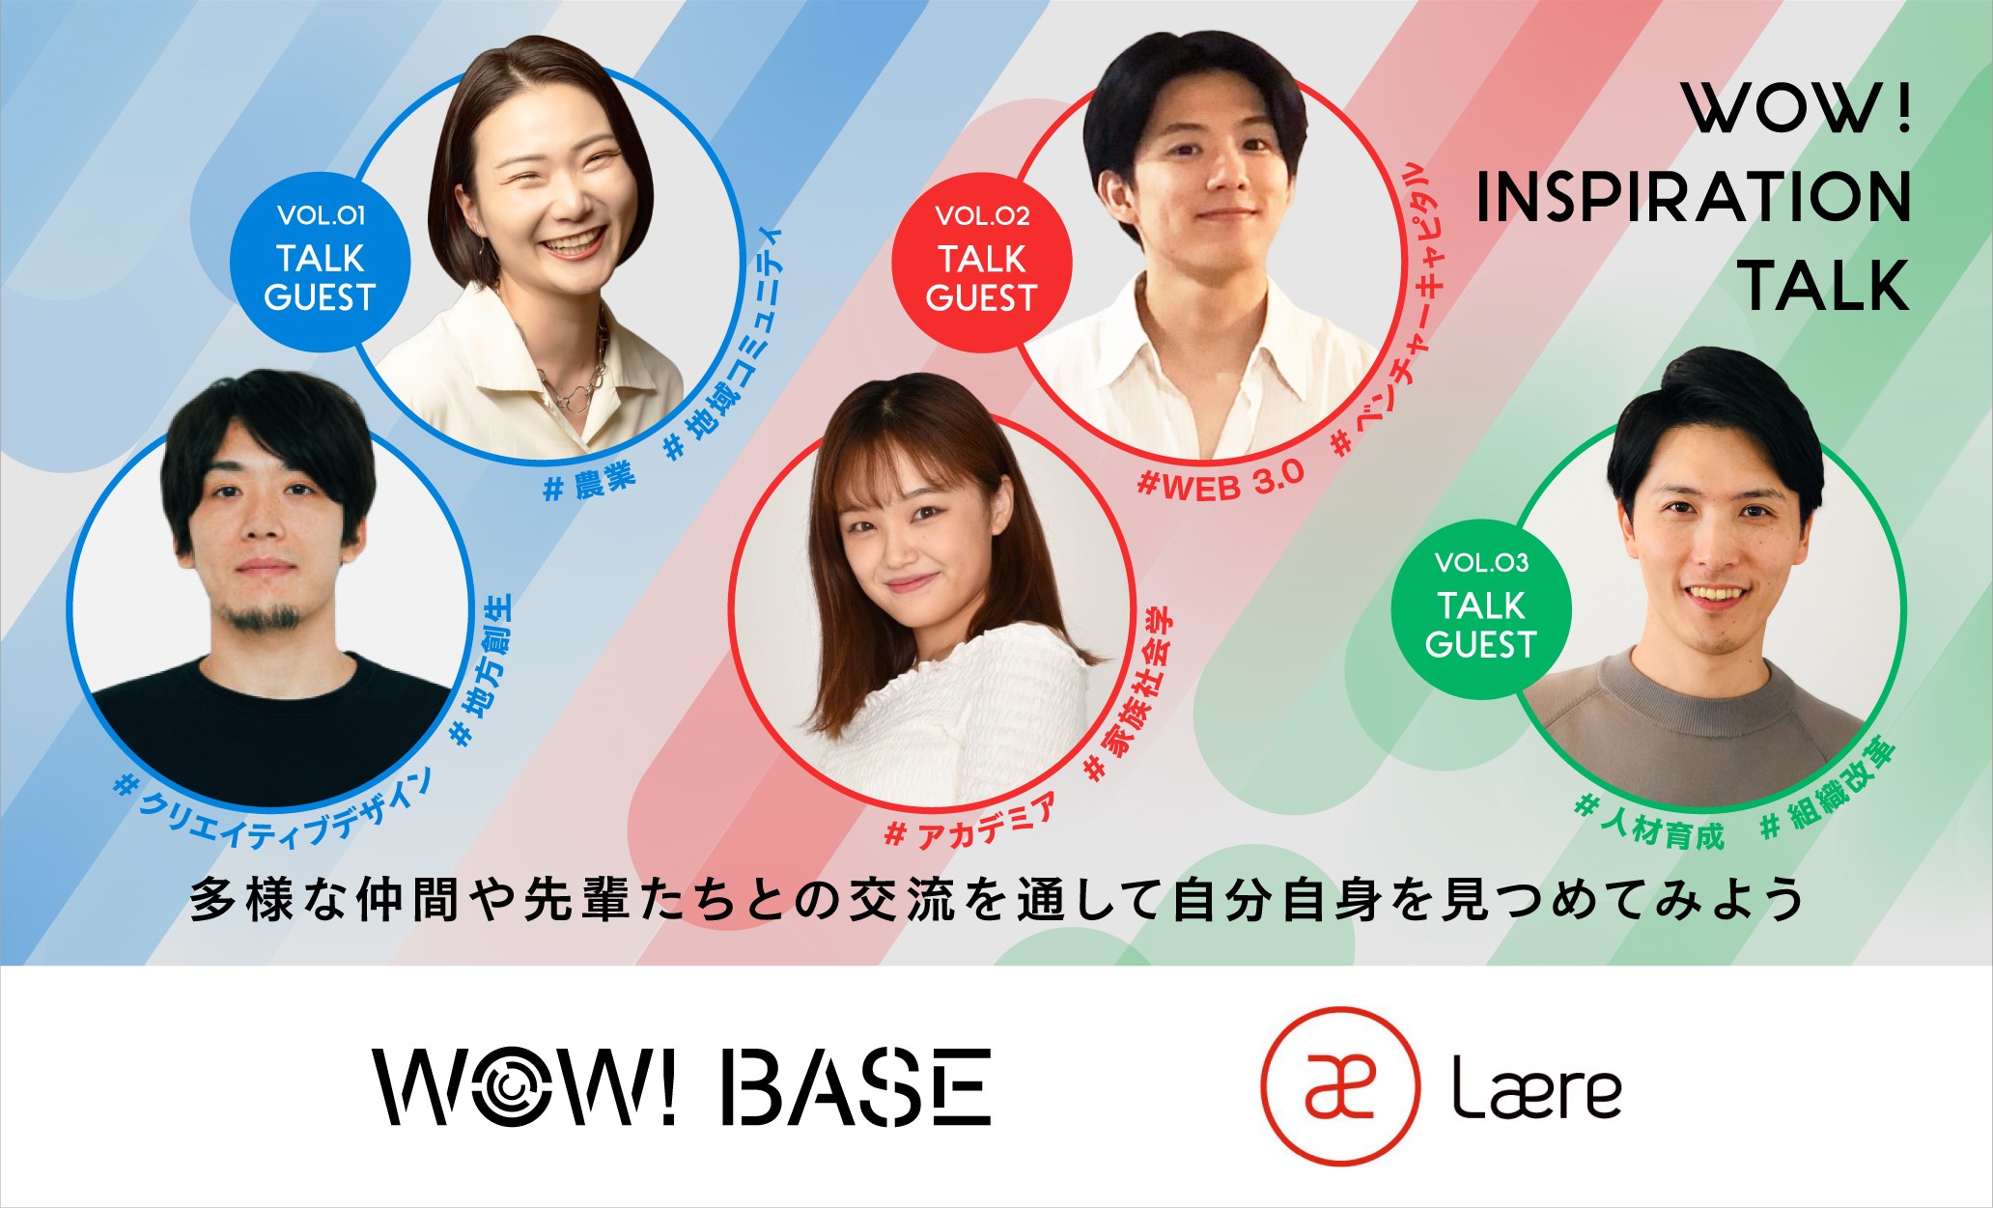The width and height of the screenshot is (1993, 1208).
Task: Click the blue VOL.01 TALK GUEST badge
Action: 320,262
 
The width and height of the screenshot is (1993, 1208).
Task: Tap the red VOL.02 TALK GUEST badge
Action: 981,262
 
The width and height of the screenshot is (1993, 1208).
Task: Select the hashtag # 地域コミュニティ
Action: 723,342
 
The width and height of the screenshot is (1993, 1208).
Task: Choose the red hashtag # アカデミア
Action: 971,822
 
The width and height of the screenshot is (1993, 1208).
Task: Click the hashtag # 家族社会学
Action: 1129,694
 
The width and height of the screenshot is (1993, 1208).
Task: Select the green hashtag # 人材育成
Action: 1648,824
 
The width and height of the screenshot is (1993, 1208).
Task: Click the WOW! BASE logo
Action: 682,1086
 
